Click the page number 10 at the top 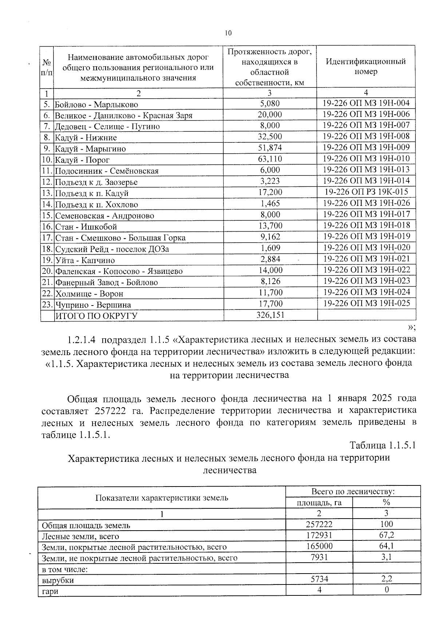click(x=228, y=33)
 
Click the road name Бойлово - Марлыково click(x=97, y=105)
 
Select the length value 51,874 click(x=270, y=148)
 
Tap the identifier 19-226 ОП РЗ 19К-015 click(x=366, y=192)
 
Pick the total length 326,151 click(x=270, y=315)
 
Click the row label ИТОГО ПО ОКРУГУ click(x=96, y=316)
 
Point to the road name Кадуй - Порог click(x=82, y=160)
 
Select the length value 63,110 click(x=270, y=159)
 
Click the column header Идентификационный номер click(x=366, y=66)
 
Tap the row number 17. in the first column click(x=47, y=237)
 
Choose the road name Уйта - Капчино click(x=85, y=260)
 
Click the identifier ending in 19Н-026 click(x=366, y=203)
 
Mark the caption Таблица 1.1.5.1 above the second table click(x=382, y=445)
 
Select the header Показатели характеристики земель click(x=162, y=497)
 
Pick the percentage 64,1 click(x=386, y=546)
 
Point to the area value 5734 click(x=319, y=579)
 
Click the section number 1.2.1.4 click(x=82, y=340)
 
